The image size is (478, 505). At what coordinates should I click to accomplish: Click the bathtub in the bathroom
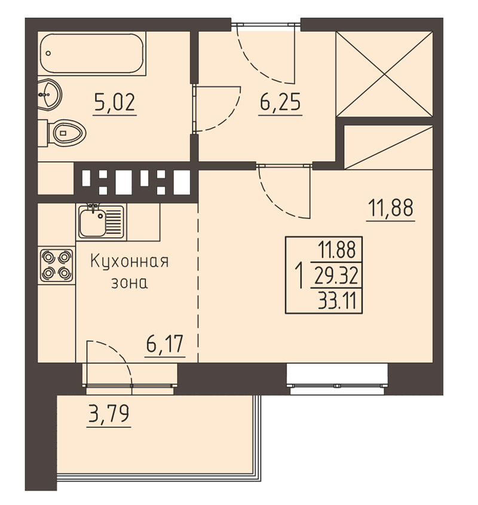click(92, 53)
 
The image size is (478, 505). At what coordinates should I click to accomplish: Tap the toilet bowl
click(62, 133)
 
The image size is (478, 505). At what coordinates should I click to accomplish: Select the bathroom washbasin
click(50, 94)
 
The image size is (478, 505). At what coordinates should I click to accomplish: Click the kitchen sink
click(101, 222)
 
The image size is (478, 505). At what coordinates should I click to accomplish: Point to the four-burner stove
click(57, 265)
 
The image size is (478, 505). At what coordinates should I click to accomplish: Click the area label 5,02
click(115, 103)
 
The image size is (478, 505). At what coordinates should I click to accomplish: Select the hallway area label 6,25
click(280, 102)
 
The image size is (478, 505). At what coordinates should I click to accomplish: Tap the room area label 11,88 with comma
click(390, 209)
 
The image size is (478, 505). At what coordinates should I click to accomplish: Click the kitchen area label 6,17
click(165, 345)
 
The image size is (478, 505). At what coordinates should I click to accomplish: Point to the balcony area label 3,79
click(109, 415)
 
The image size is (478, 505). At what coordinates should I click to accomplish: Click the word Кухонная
click(129, 262)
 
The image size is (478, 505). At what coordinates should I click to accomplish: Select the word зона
click(130, 283)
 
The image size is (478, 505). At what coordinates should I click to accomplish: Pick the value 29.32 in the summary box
click(336, 276)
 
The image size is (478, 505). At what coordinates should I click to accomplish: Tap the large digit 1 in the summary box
click(300, 276)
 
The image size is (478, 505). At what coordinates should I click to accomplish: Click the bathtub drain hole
click(48, 53)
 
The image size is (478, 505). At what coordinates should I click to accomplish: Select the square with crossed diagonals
click(384, 74)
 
